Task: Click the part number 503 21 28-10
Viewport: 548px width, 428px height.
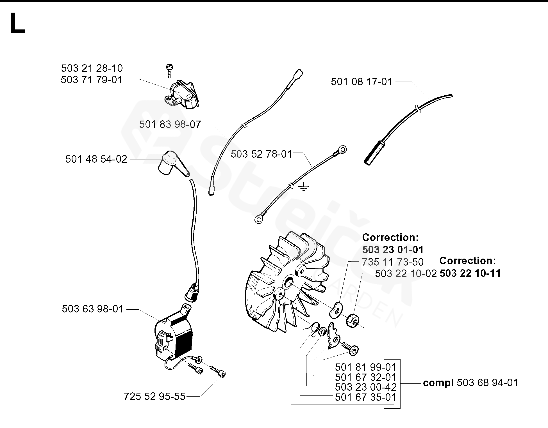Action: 92,68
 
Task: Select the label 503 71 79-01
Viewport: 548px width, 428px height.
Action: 92,80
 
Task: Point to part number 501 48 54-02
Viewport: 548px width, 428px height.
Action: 96,159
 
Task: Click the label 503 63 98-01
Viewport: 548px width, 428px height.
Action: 93,309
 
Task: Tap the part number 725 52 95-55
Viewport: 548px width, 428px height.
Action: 154,396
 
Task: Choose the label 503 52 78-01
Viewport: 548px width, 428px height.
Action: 262,154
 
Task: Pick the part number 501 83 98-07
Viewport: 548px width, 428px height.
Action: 170,124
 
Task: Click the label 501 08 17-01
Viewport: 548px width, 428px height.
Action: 361,82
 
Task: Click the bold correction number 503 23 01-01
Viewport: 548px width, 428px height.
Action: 393,249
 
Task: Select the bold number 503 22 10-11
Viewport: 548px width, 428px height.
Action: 470,273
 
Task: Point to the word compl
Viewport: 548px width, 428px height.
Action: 438,383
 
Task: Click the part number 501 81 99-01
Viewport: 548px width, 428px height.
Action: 365,367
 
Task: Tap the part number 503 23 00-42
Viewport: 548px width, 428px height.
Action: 365,387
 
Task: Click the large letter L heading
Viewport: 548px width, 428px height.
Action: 17,24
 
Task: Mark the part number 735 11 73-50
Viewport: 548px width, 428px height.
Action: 392,262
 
